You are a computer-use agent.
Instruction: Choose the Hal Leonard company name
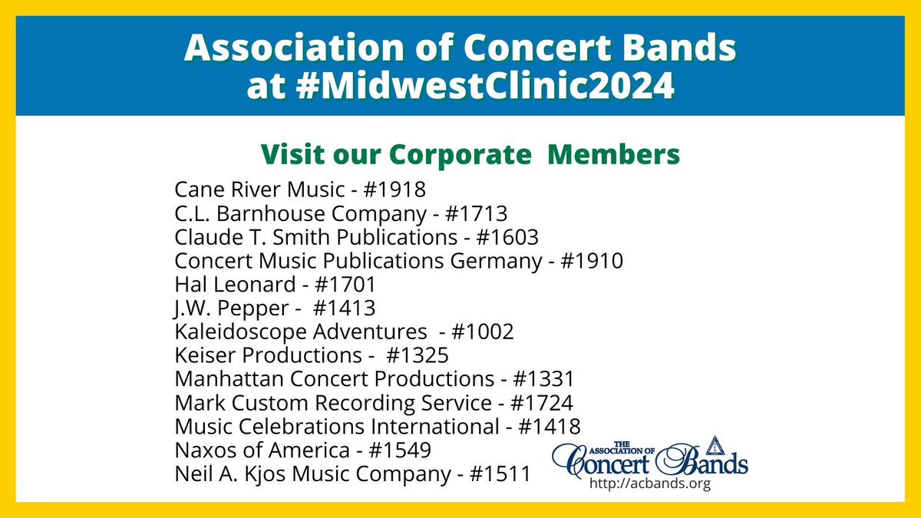235,285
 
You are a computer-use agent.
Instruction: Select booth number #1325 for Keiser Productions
418,356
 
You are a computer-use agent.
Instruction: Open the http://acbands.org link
649,483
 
